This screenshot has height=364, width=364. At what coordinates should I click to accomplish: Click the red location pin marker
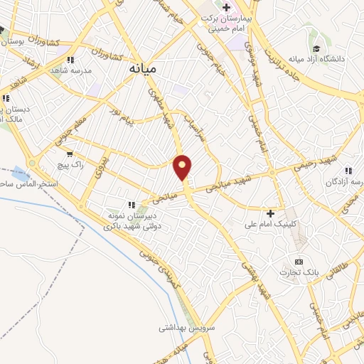183,167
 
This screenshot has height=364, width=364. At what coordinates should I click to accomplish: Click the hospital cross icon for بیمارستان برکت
226,8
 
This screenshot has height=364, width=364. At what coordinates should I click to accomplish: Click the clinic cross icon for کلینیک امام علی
270,213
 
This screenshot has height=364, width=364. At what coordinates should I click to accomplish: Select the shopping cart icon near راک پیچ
69,154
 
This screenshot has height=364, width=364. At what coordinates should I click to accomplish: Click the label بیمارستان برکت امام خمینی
223,23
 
